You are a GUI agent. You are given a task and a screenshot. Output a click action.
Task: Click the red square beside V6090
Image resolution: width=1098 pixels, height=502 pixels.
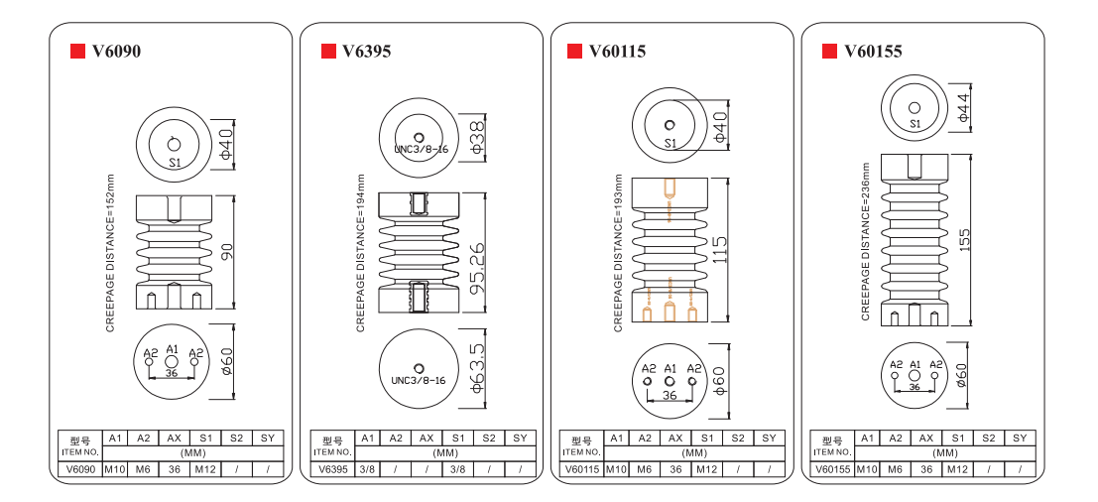coord(75,51)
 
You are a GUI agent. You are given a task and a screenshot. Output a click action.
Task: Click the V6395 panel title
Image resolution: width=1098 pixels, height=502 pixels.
coord(366,51)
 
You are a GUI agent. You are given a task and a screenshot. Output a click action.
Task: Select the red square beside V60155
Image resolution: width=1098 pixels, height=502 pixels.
coord(824,51)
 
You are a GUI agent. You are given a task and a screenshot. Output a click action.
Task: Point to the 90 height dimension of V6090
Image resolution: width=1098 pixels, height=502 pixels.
coord(226,251)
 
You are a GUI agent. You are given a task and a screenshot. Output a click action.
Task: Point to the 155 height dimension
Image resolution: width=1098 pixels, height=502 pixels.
coord(965,239)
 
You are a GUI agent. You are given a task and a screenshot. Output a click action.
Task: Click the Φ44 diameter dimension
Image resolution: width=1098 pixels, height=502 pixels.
coord(964,106)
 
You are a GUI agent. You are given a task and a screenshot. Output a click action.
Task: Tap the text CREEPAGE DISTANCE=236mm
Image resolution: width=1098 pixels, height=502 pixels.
coord(865,240)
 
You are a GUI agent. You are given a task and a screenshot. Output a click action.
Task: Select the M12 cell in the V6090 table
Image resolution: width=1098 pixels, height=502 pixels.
coord(204,469)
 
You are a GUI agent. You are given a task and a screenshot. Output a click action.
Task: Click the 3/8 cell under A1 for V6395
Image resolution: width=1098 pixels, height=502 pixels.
coord(366,469)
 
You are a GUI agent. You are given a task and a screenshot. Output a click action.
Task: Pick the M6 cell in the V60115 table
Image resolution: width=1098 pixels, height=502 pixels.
coord(645,469)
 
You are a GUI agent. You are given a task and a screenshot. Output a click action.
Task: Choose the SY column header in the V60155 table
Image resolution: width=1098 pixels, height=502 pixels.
coord(1019,438)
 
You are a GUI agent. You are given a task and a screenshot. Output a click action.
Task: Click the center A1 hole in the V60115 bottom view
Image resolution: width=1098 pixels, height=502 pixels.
coord(670,381)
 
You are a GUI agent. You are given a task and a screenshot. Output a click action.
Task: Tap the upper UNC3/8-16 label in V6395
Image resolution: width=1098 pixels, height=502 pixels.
coord(422,150)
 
